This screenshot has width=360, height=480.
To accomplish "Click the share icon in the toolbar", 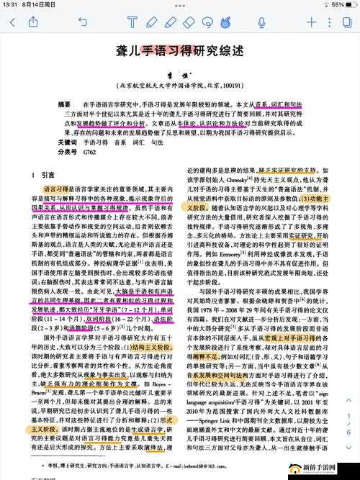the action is [35, 22].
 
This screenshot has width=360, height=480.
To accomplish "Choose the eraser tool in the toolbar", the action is [189, 22].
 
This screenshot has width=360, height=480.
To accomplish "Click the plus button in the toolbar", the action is [312, 22].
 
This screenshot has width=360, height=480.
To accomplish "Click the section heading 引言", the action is [48, 175].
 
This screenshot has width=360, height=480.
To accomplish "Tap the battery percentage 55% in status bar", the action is [336, 4].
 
